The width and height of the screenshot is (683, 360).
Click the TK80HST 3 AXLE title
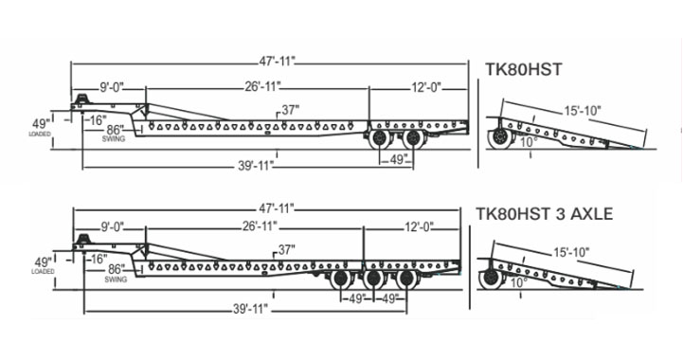click(x=544, y=214)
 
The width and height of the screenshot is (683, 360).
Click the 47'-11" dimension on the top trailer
click(x=277, y=62)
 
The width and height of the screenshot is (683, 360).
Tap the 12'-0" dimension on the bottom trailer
click(x=419, y=226)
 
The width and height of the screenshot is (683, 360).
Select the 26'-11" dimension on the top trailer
click(x=261, y=87)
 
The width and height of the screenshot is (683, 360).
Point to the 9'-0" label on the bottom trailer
click(x=112, y=226)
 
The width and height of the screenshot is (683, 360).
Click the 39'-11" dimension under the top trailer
click(x=256, y=166)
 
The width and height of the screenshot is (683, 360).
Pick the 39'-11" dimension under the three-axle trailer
click(x=250, y=310)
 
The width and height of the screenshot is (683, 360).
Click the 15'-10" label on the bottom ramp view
click(x=571, y=252)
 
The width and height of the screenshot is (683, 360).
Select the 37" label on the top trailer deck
click(x=291, y=110)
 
